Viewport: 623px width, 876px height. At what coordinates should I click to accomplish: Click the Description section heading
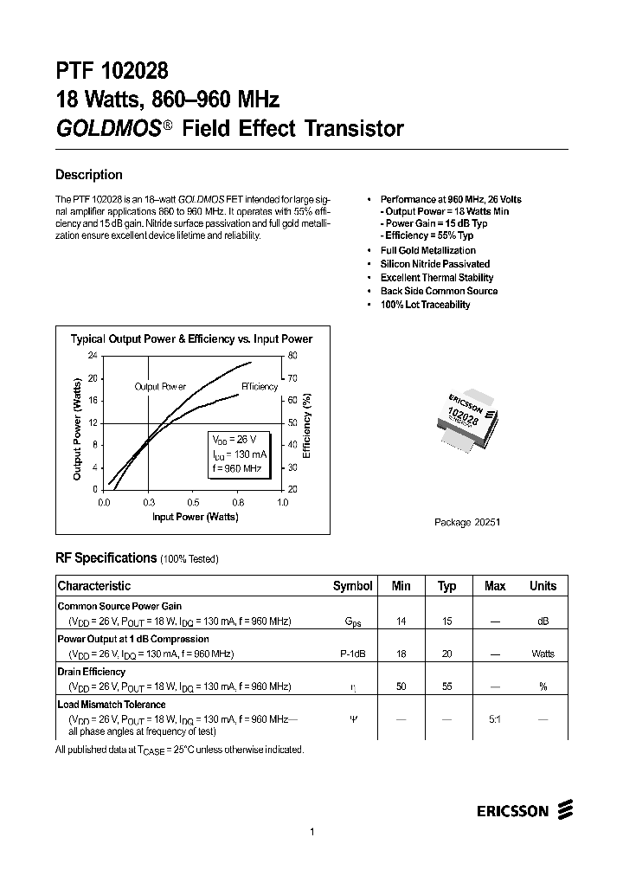[x=89, y=175]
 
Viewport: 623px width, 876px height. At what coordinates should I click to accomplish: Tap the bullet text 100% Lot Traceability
[x=425, y=305]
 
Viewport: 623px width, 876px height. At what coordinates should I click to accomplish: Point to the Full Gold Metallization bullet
[x=427, y=250]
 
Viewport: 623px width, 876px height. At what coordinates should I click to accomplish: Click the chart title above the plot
[x=191, y=339]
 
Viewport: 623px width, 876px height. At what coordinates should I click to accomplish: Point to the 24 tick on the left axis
[x=93, y=356]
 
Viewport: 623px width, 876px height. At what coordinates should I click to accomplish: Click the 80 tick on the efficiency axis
[x=292, y=356]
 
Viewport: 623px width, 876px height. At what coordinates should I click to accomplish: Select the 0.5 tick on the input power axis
[x=193, y=502]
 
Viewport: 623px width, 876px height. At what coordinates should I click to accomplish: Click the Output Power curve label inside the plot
[x=160, y=386]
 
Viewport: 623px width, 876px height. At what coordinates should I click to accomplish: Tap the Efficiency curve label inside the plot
[x=259, y=386]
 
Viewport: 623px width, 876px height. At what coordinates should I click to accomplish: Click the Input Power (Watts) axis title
[x=195, y=517]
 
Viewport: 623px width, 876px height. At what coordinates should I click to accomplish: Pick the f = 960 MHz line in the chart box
[x=236, y=468]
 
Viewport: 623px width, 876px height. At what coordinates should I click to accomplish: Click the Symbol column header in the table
[x=352, y=586]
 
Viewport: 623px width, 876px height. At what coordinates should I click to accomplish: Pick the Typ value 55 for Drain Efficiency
[x=446, y=686]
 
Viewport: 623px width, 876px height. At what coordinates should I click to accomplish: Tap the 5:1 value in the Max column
[x=494, y=718]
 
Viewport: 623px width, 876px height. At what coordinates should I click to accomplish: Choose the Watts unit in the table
[x=543, y=654]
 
